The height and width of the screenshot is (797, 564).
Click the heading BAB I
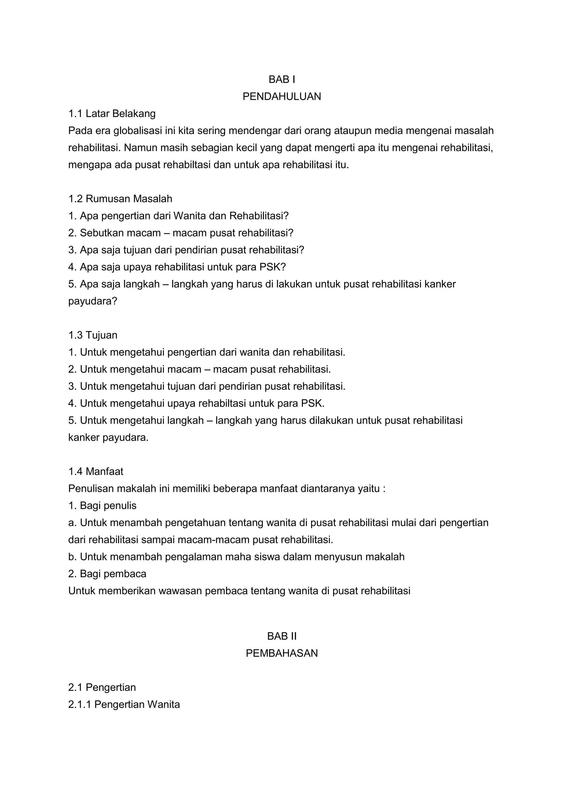(x=282, y=80)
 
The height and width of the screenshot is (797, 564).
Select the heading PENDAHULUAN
(x=282, y=97)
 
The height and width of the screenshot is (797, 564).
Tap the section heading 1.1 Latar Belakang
(x=112, y=113)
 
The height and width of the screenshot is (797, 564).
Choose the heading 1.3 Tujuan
(x=93, y=335)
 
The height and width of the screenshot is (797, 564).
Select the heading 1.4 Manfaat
(x=96, y=471)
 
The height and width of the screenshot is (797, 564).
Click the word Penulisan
(x=91, y=488)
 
